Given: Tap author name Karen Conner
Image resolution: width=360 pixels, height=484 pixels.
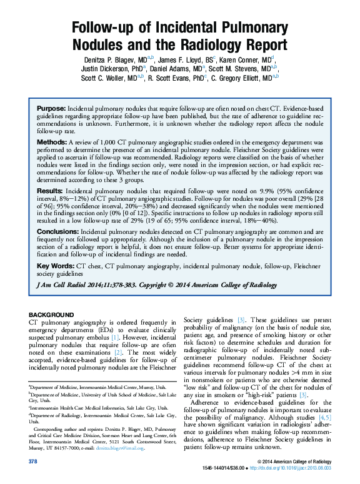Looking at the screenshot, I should (x=246, y=59).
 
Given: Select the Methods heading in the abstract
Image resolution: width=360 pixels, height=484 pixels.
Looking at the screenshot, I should (x=51, y=143).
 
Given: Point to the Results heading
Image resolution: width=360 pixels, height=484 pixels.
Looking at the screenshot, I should (x=49, y=189).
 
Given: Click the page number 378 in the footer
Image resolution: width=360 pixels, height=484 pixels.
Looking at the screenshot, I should (x=34, y=461).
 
